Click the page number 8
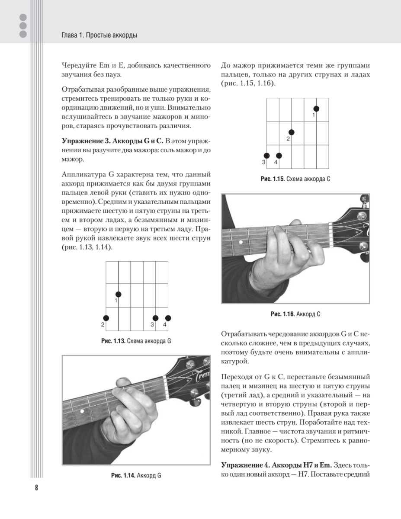pyautogui.click(x=36, y=488)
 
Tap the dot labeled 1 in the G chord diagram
pyautogui.click(x=118, y=294)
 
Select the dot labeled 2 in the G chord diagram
pyautogui.click(x=106, y=318)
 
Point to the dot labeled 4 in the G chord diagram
pyautogui.click(x=168, y=318)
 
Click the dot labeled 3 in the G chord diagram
pyautogui.click(x=156, y=318)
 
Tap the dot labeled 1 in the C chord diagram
pyautogui.click(x=316, y=109)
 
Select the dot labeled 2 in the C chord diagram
pyautogui.click(x=292, y=132)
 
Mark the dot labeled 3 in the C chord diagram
pyautogui.click(x=267, y=156)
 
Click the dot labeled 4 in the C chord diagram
pyautogui.click(x=279, y=156)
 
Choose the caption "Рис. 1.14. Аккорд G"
pyautogui.click(x=136, y=475)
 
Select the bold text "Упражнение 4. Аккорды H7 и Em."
pyautogui.click(x=276, y=465)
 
